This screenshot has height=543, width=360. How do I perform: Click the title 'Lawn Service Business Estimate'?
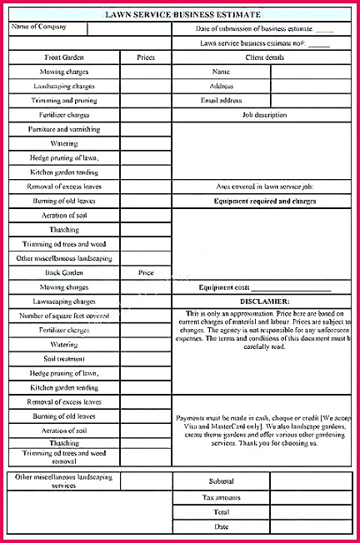(x=182, y=14)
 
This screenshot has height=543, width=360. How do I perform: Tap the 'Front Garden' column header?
(x=64, y=57)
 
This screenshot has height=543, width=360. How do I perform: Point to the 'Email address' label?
(x=221, y=100)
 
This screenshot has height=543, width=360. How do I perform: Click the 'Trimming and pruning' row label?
(x=64, y=100)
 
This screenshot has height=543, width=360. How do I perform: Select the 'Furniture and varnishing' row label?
(x=64, y=129)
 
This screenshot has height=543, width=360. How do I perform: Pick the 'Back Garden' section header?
(x=64, y=272)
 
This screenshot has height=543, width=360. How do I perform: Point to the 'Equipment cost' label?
(x=225, y=287)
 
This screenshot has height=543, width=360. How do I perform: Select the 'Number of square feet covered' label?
(x=64, y=316)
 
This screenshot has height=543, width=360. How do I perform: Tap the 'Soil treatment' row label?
(x=64, y=358)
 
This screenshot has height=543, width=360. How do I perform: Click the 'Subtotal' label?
(x=221, y=481)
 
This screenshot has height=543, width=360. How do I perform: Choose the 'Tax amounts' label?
(x=221, y=497)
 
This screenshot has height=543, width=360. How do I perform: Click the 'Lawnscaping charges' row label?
(x=64, y=301)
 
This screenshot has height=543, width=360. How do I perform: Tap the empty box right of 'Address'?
(x=310, y=86)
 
